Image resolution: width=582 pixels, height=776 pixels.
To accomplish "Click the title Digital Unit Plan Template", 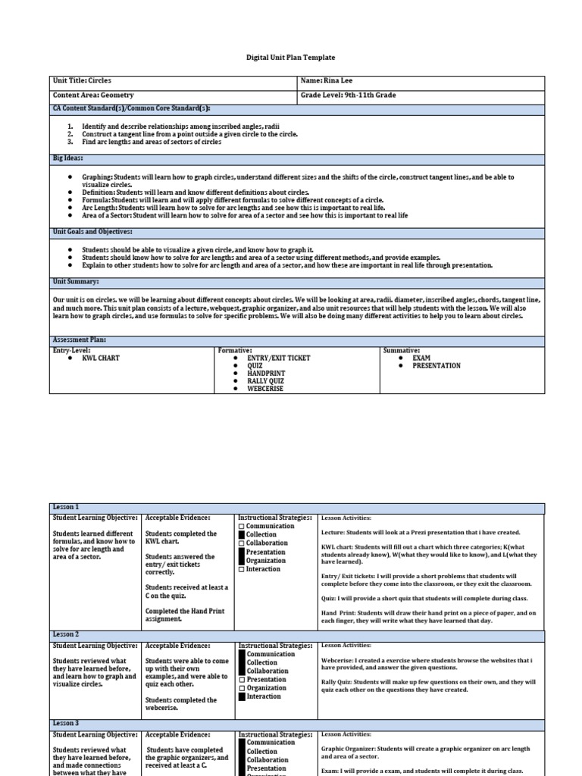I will (x=291, y=58).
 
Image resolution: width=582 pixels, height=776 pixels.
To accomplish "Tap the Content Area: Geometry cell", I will (x=92, y=96).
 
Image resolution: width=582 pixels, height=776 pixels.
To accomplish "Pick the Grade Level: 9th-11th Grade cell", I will (x=348, y=96).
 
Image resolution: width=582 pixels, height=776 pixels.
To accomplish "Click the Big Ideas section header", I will (x=67, y=159).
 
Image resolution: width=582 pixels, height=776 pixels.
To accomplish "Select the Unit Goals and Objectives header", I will (x=92, y=231).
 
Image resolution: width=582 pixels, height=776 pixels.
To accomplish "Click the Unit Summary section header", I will (x=76, y=282).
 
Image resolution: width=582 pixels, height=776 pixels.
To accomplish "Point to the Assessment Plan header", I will (x=79, y=340).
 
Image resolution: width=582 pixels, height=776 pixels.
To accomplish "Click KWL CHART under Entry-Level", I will (x=101, y=358).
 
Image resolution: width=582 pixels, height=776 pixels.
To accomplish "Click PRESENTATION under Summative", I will (x=436, y=366).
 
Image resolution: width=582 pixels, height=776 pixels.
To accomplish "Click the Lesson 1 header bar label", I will (x=66, y=507).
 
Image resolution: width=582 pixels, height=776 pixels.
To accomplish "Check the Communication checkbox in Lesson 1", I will (x=242, y=527).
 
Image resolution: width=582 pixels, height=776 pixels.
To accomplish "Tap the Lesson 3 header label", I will (x=66, y=724).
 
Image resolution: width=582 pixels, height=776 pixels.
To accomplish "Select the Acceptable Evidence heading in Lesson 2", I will (x=177, y=646).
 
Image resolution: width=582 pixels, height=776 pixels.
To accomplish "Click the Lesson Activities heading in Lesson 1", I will (x=346, y=518).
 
